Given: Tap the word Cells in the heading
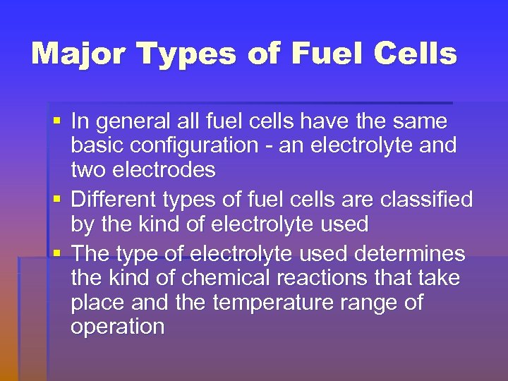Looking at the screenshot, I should click(x=416, y=54).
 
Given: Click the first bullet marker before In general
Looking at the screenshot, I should click(x=58, y=121).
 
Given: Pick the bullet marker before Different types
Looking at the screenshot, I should click(x=58, y=200).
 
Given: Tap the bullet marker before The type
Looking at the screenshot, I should click(x=58, y=253).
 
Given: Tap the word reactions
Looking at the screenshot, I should click(x=317, y=278).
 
